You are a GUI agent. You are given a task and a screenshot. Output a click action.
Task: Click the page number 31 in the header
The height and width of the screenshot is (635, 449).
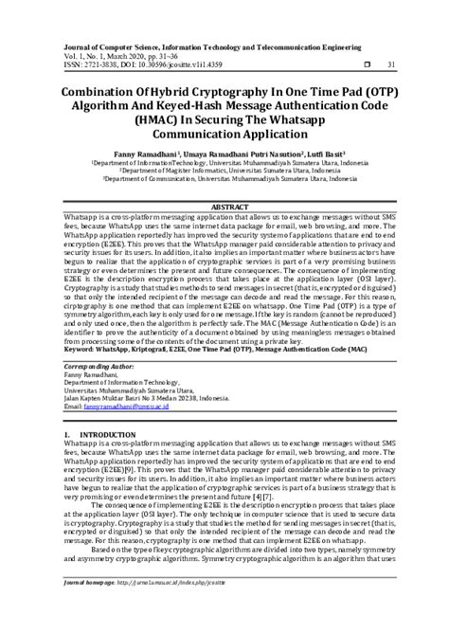[x=391, y=64]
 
